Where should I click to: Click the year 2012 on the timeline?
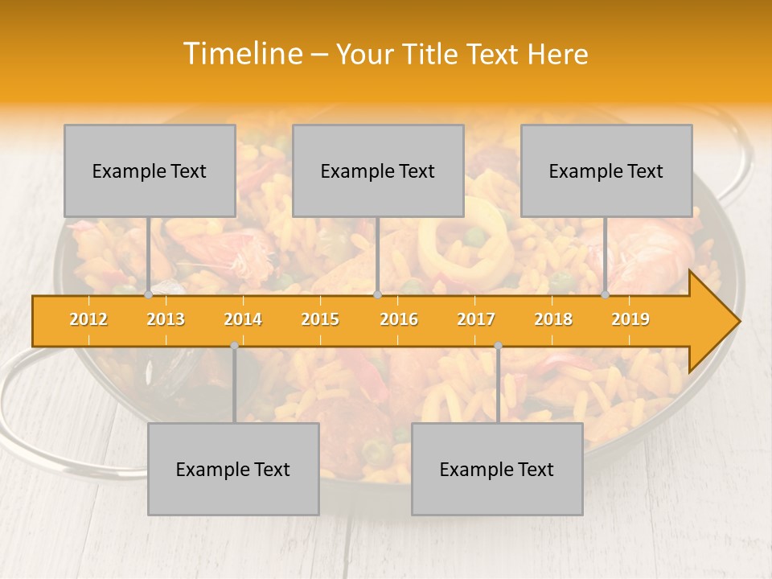tap(88, 319)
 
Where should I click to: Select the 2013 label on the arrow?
tap(166, 319)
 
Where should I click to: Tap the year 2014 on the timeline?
tap(243, 319)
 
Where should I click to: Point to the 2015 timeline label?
tap(320, 319)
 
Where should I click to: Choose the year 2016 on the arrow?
tap(399, 319)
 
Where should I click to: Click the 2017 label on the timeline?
tap(476, 319)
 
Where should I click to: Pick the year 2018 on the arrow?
tap(553, 319)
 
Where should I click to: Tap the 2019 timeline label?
tap(630, 319)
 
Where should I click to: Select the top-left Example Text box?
tap(150, 170)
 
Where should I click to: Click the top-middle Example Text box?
tap(378, 170)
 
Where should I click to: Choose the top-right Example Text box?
tap(606, 170)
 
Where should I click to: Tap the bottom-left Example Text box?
tap(233, 469)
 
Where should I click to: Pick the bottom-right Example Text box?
tap(497, 469)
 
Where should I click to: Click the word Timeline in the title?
tap(241, 54)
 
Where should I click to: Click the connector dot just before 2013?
tap(149, 294)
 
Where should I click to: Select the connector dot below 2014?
tap(234, 345)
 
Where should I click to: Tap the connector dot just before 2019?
tap(606, 294)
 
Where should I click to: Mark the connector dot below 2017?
tap(498, 345)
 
